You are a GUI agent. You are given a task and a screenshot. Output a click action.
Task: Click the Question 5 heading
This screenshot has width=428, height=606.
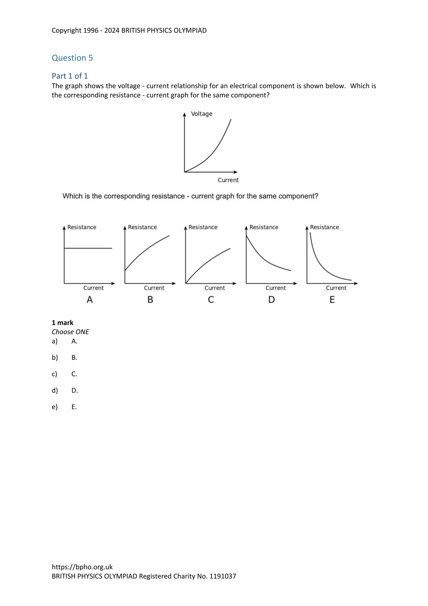[72, 58]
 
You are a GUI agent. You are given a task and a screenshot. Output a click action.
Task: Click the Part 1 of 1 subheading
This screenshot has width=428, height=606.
[70, 76]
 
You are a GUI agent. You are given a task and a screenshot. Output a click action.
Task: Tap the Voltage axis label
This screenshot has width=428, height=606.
[201, 114]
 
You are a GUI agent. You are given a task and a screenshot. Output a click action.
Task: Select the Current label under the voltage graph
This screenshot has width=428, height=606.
[228, 180]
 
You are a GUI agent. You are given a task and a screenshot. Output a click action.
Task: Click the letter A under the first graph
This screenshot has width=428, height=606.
[90, 300]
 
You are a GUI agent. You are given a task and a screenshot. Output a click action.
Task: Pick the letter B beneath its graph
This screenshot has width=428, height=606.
[150, 300]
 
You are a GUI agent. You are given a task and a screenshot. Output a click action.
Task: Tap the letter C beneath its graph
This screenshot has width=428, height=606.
[211, 300]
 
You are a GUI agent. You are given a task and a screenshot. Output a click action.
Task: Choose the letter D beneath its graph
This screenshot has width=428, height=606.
[271, 300]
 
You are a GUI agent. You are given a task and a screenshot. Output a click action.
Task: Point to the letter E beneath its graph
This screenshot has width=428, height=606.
[332, 300]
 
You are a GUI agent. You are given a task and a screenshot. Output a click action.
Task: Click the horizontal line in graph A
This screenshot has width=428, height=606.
[88, 248]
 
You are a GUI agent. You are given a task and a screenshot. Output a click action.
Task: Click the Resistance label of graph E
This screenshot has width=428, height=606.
[324, 227]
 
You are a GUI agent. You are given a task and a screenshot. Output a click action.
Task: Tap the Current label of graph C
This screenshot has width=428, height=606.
[215, 288]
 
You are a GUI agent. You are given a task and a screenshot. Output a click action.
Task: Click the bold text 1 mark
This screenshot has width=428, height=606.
[62, 323]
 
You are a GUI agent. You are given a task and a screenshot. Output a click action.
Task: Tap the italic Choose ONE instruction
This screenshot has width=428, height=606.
[70, 332]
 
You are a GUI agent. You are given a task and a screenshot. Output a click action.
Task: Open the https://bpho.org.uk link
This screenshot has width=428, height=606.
[82, 567]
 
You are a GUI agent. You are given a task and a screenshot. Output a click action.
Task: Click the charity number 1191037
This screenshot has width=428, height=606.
[223, 576]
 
